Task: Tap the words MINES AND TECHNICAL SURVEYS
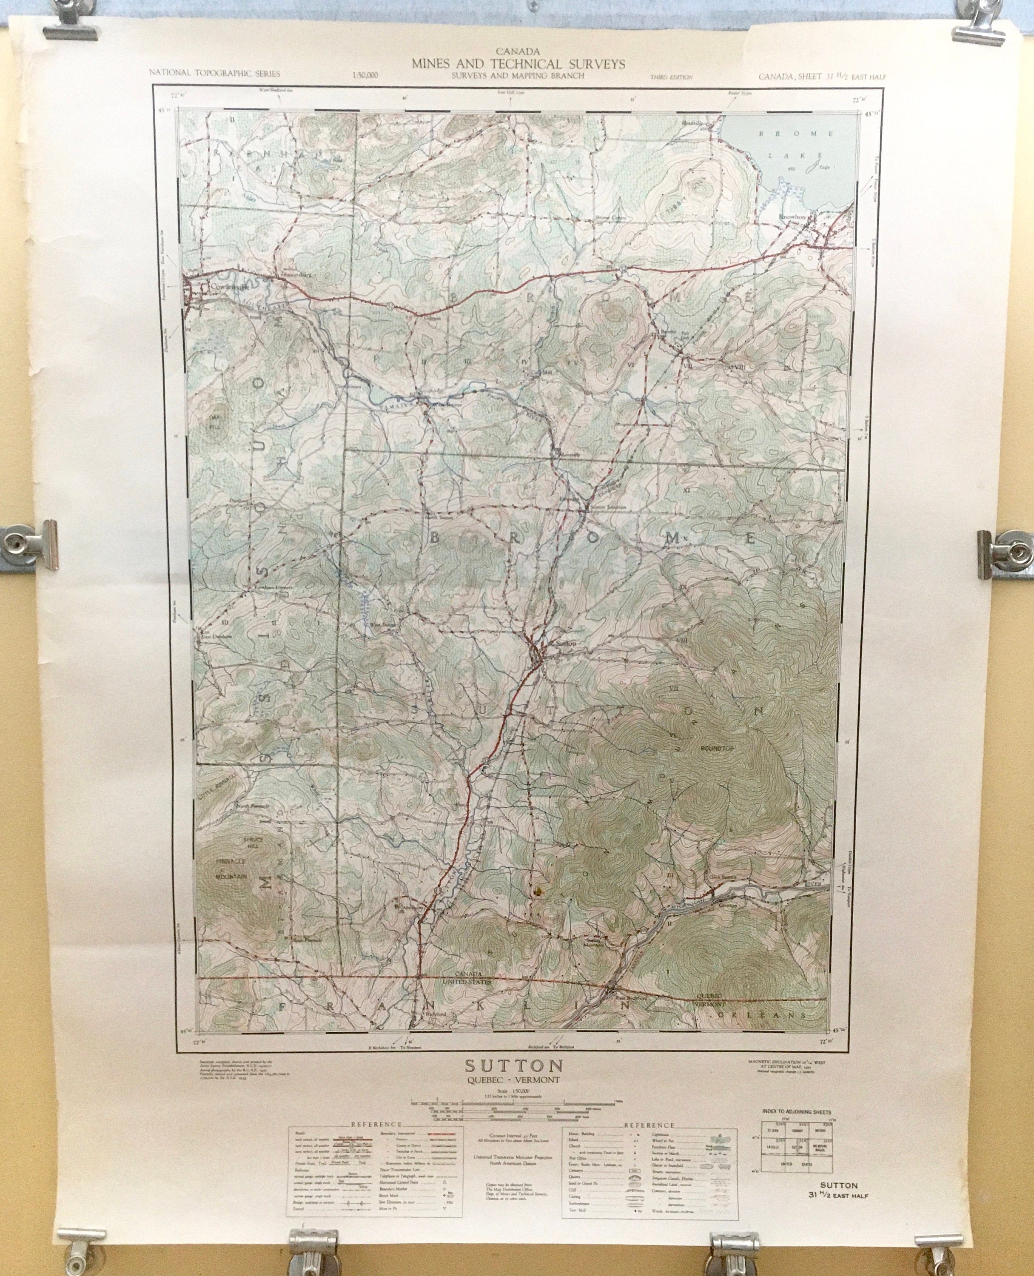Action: pos(518,64)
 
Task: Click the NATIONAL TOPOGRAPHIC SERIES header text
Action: pos(214,73)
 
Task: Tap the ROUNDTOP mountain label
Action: pos(717,748)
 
